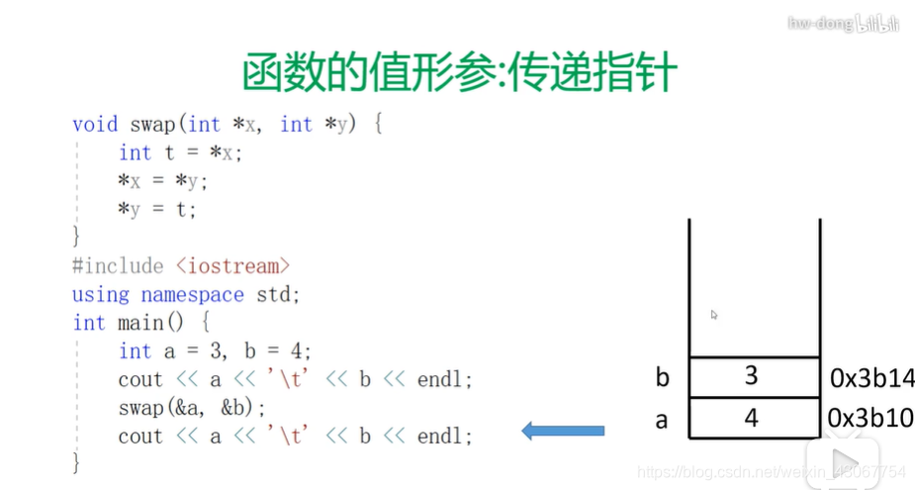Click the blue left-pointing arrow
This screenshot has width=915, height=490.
[563, 430]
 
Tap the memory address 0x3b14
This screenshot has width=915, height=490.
[871, 377]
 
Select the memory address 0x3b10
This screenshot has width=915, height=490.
[871, 418]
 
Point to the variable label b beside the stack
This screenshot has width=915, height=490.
[661, 377]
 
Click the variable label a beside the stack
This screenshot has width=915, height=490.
[661, 420]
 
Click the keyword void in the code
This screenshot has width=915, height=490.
[95, 125]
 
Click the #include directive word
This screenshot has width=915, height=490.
[118, 266]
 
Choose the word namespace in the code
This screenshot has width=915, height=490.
[192, 295]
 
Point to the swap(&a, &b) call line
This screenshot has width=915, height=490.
[192, 408]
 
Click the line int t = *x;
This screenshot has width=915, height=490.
[180, 153]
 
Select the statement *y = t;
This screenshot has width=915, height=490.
[157, 210]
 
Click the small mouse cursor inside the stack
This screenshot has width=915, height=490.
[713, 315]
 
